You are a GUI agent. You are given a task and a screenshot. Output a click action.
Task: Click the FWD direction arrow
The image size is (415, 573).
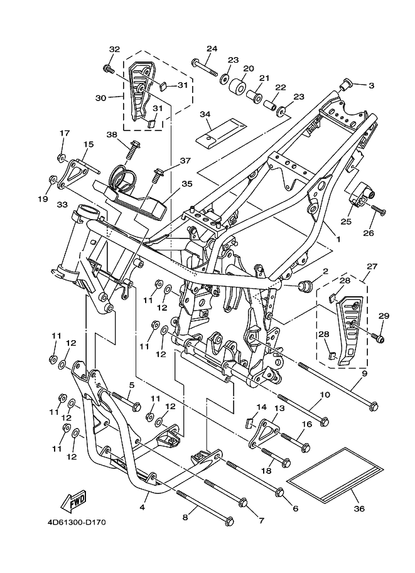coord(73,501)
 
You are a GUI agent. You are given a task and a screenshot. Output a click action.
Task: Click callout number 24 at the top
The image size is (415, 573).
coord(212,48)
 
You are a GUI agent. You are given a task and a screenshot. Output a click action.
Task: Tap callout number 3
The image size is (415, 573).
coord(371,85)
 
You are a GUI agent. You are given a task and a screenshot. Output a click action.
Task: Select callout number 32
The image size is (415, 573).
coord(114,49)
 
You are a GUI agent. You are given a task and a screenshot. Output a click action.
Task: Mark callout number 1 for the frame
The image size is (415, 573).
coord(337,239)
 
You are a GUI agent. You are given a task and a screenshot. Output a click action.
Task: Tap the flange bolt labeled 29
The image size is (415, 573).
coord(379,339)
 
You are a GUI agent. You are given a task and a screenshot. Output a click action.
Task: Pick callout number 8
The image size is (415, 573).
coord(185,517)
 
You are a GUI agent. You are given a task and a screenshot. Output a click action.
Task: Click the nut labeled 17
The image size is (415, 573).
coord(60,157)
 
